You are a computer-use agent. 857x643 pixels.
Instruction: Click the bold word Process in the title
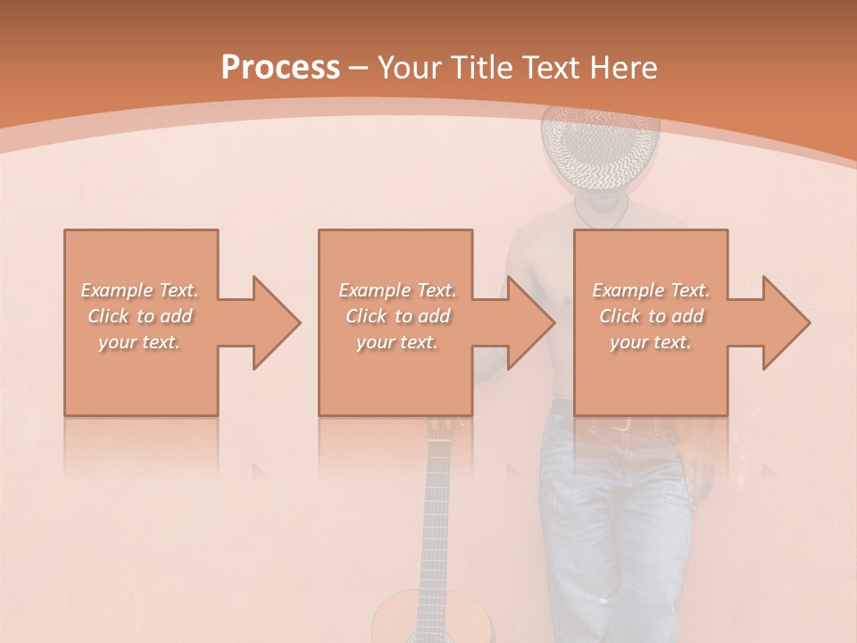(x=280, y=68)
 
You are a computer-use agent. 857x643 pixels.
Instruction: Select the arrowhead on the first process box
(x=272, y=322)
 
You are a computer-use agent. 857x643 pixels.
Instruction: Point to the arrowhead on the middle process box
(x=528, y=322)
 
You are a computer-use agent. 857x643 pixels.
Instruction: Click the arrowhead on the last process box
(x=783, y=322)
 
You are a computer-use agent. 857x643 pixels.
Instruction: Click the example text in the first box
(x=140, y=316)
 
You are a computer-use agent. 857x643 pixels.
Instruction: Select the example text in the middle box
(x=396, y=316)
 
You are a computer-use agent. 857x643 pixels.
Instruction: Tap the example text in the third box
(x=651, y=316)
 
